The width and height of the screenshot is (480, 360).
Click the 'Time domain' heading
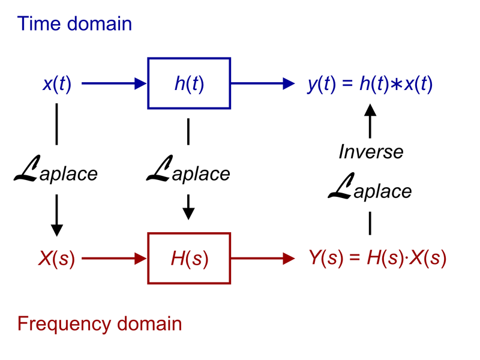tap(74, 24)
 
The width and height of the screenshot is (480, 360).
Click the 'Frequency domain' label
tap(99, 325)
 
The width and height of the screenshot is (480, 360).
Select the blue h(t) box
tap(188, 83)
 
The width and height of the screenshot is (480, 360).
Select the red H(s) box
tap(188, 259)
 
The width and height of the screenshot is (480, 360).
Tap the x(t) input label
tap(57, 84)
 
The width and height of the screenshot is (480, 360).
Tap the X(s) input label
tap(56, 259)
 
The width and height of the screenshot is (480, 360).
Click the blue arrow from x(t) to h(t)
tap(114, 84)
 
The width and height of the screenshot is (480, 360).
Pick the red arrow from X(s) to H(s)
tap(114, 259)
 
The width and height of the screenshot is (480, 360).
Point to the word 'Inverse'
tap(371, 152)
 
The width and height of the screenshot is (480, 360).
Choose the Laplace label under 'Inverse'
tap(370, 190)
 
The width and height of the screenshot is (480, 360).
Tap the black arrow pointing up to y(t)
tap(370, 120)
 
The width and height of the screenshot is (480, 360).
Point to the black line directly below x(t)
tap(56, 124)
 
